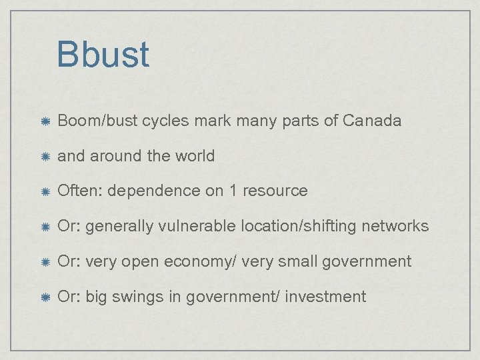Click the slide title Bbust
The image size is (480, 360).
(103, 55)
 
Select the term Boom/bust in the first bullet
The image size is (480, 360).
(89, 121)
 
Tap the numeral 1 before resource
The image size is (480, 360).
(233, 191)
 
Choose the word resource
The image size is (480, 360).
(275, 191)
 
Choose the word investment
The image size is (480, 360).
(325, 297)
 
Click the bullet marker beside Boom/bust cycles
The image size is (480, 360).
(44, 121)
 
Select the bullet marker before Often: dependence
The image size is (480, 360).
(44, 191)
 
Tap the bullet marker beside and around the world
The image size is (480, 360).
(44, 157)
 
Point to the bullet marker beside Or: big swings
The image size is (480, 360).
(44, 297)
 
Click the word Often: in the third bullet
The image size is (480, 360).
(80, 191)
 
